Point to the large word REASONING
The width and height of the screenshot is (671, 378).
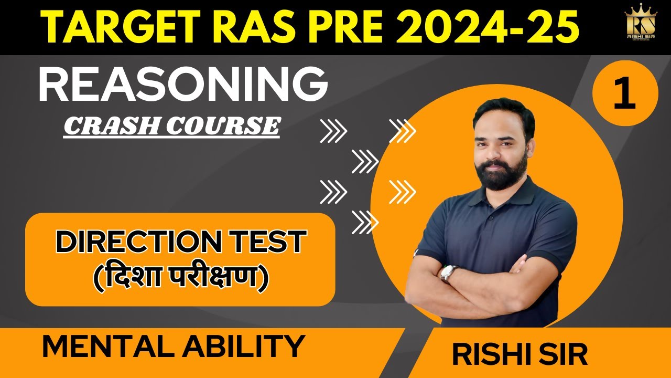[x=183, y=85]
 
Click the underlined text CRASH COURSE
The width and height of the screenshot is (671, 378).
[x=171, y=126]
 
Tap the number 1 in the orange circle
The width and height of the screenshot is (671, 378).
[x=625, y=93]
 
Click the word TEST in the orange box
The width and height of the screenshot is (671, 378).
[x=273, y=242]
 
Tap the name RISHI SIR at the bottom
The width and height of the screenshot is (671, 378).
[x=520, y=354]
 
